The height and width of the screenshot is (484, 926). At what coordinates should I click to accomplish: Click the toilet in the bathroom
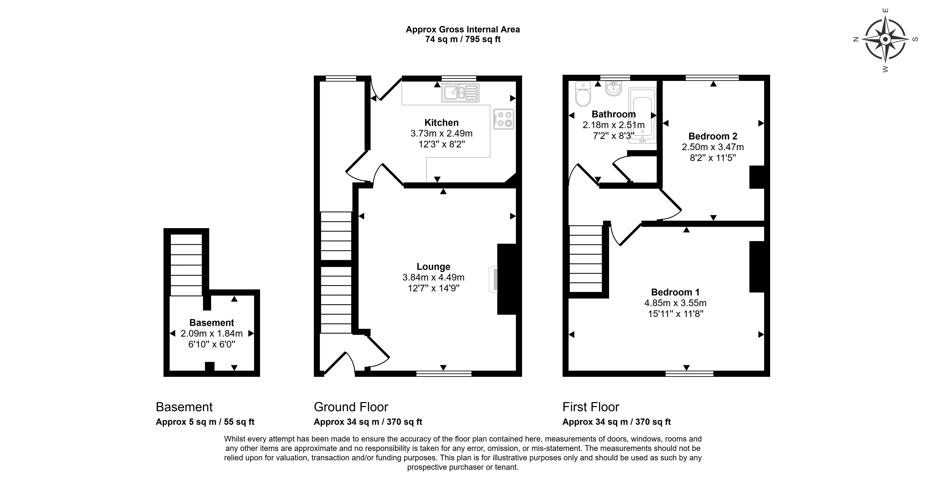coord(583,94)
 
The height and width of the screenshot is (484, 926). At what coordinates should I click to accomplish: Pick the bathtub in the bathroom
coord(642,116)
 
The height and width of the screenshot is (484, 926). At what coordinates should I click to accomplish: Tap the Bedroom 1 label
coord(675,292)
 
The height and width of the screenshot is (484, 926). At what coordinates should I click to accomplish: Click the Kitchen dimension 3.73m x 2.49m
coord(441,133)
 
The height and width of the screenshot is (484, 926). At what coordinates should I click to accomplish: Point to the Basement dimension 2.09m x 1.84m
coord(211,334)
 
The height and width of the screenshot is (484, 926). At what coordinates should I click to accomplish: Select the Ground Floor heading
coord(351,407)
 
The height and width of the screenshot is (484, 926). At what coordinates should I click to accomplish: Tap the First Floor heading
coord(591,407)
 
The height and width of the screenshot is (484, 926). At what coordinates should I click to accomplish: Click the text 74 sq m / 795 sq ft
coord(463,39)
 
